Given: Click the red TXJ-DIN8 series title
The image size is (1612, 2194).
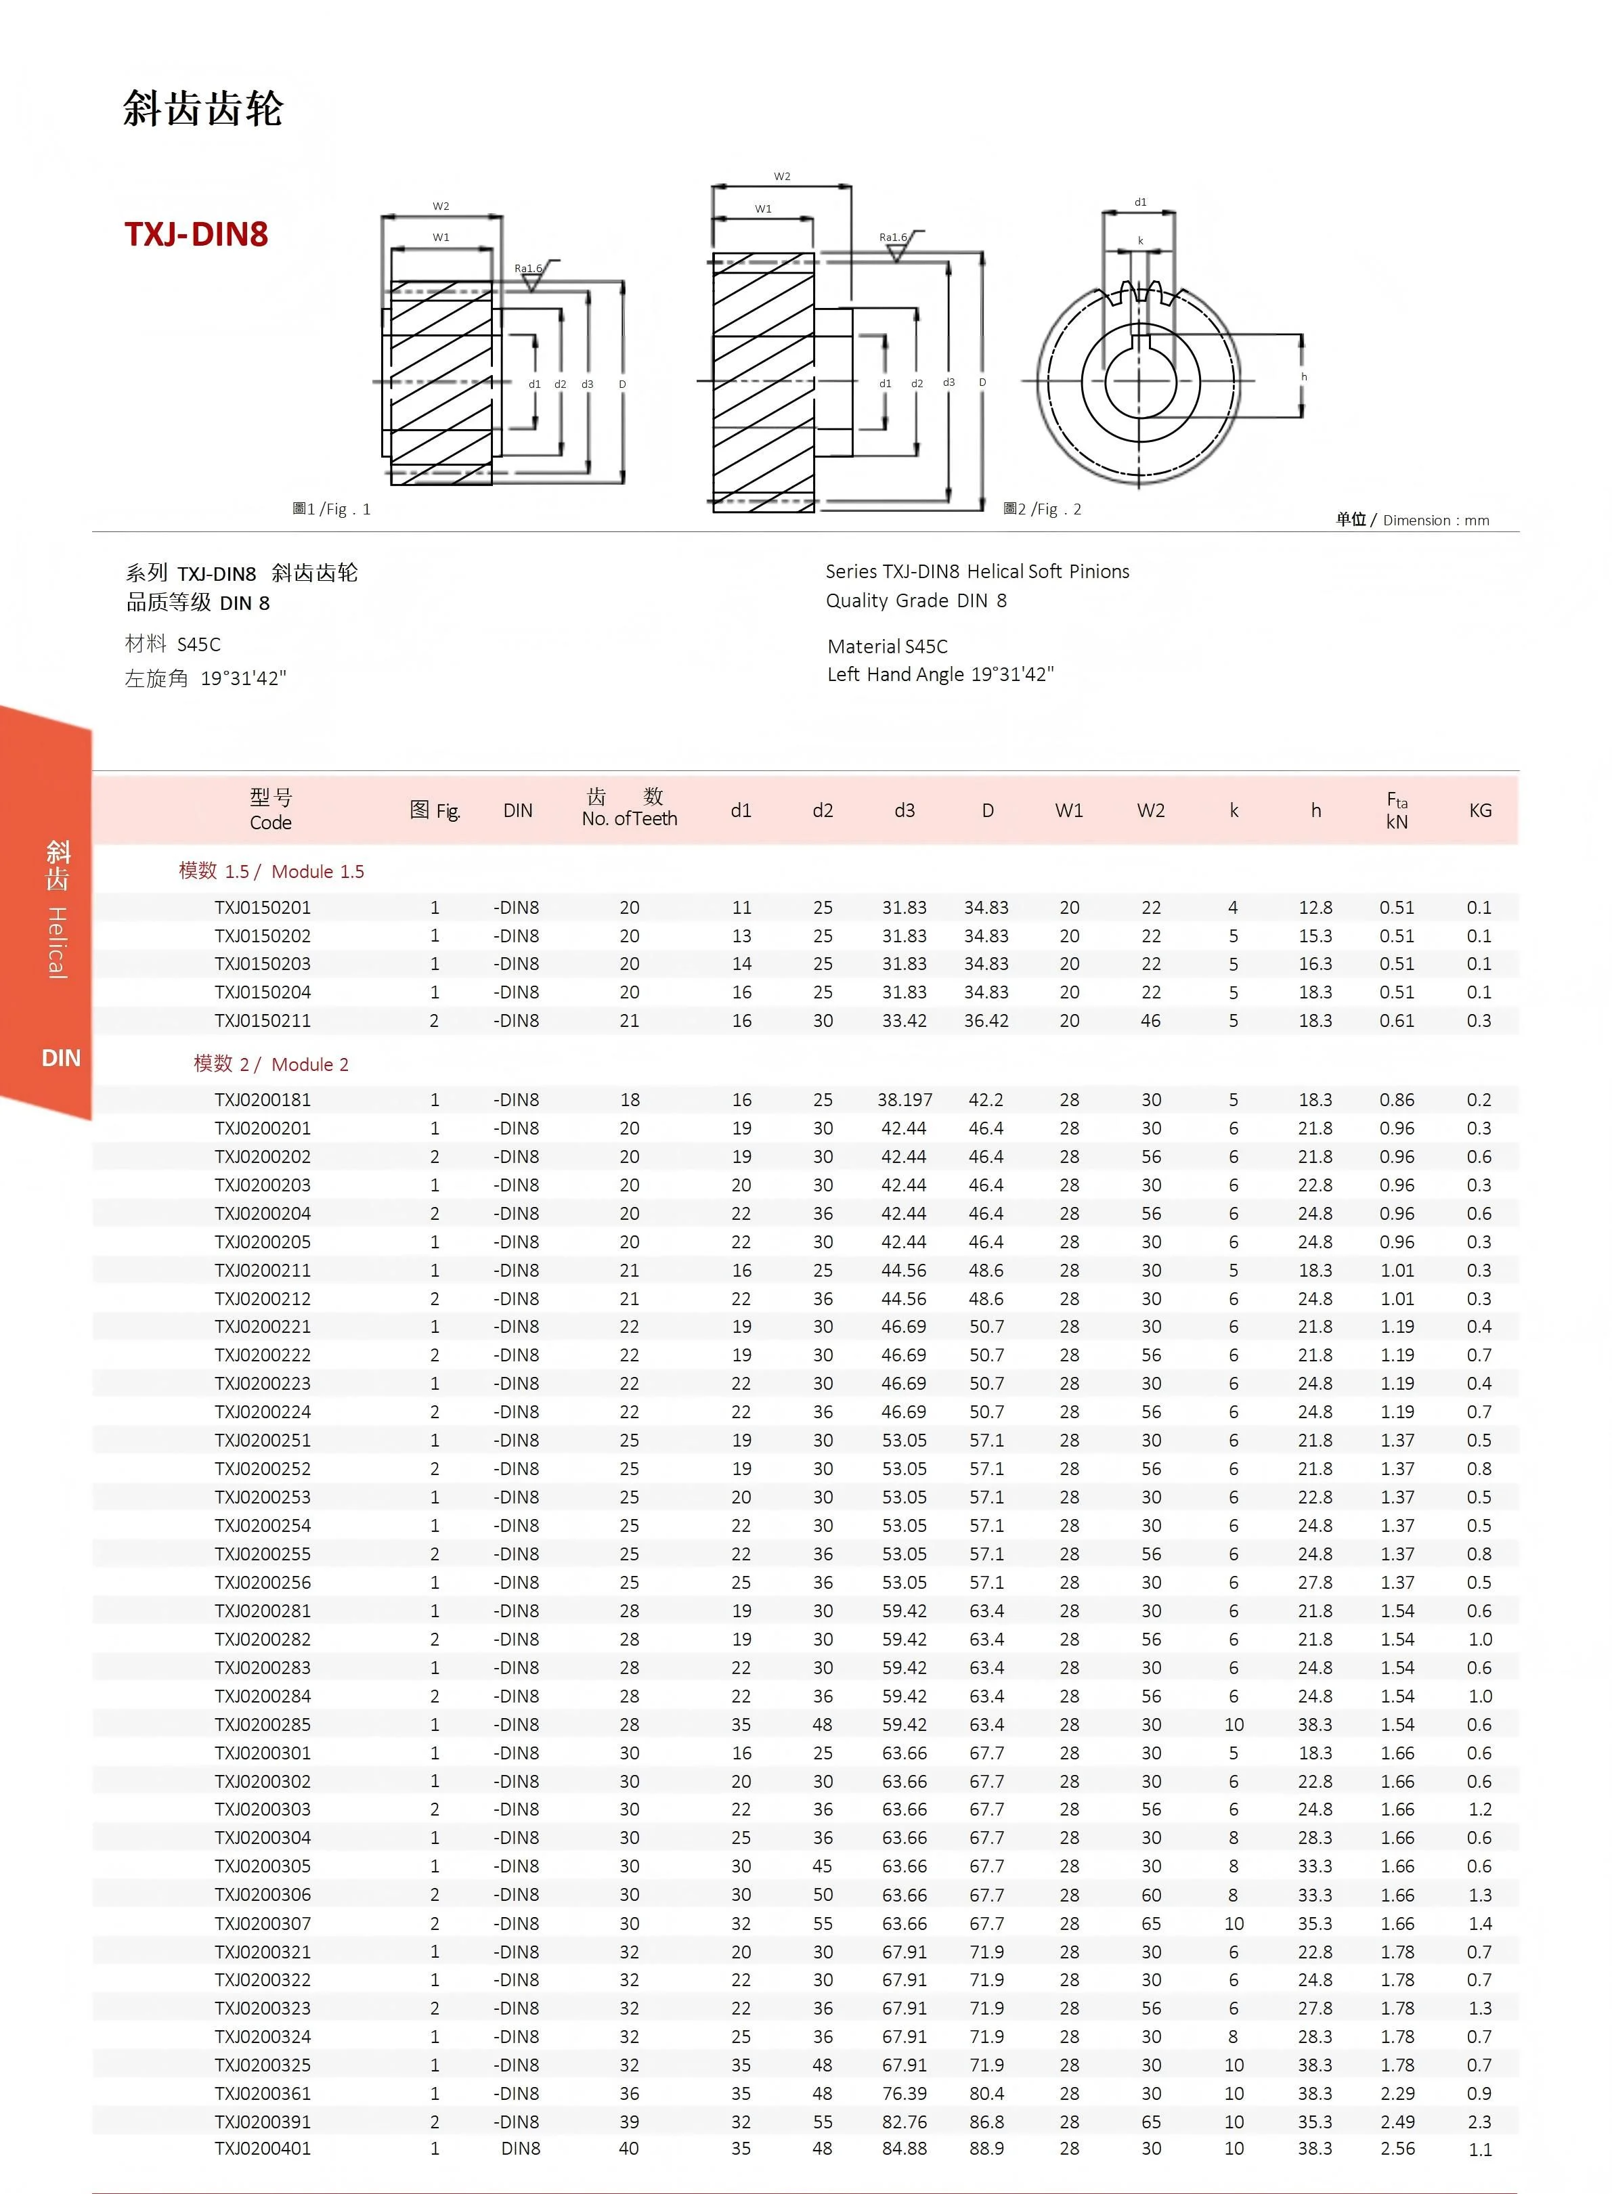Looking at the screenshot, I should (196, 234).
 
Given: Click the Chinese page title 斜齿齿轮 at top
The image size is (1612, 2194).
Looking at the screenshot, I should (203, 108).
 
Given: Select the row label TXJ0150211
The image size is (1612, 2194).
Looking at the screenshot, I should (263, 1020).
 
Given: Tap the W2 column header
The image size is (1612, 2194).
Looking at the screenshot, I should (1150, 810).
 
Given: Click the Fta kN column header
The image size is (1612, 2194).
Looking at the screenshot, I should (1396, 810).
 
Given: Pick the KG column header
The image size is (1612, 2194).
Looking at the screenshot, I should (1479, 810).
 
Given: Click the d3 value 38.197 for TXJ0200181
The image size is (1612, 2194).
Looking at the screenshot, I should (905, 1099).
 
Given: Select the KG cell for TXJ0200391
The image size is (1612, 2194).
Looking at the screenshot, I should (1479, 2121).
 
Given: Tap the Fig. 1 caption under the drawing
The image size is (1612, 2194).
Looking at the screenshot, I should (332, 509).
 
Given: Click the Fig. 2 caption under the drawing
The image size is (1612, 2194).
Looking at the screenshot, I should (1042, 509).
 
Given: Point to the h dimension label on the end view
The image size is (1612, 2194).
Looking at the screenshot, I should (1304, 376).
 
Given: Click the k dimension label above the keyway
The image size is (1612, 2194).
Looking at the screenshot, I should (1139, 241).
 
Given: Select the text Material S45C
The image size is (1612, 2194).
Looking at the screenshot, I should (887, 646).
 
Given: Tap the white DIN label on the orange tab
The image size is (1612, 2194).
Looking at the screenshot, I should (60, 1057).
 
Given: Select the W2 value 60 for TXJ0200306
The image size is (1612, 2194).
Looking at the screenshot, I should (1150, 1895).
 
